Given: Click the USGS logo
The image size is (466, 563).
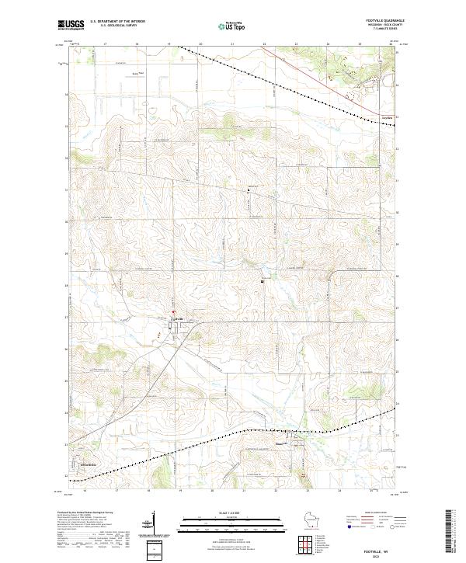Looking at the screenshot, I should pos(70,26).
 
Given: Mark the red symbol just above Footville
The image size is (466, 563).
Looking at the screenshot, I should pos(173,312).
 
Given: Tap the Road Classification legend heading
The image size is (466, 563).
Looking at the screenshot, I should pos(365,514).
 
